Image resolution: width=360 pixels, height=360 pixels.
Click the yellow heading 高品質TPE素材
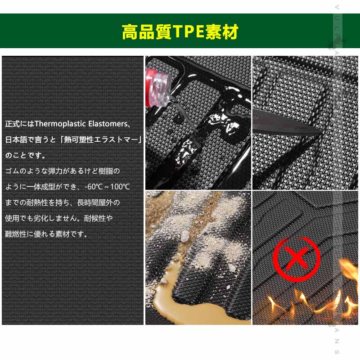(x=180, y=32)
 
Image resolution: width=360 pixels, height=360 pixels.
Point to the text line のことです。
(x=25, y=155)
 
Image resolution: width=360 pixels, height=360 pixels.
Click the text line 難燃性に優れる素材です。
(x=46, y=234)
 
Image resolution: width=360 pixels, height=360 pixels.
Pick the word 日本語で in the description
(x=21, y=139)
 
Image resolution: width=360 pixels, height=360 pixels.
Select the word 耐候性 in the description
(x=96, y=218)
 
